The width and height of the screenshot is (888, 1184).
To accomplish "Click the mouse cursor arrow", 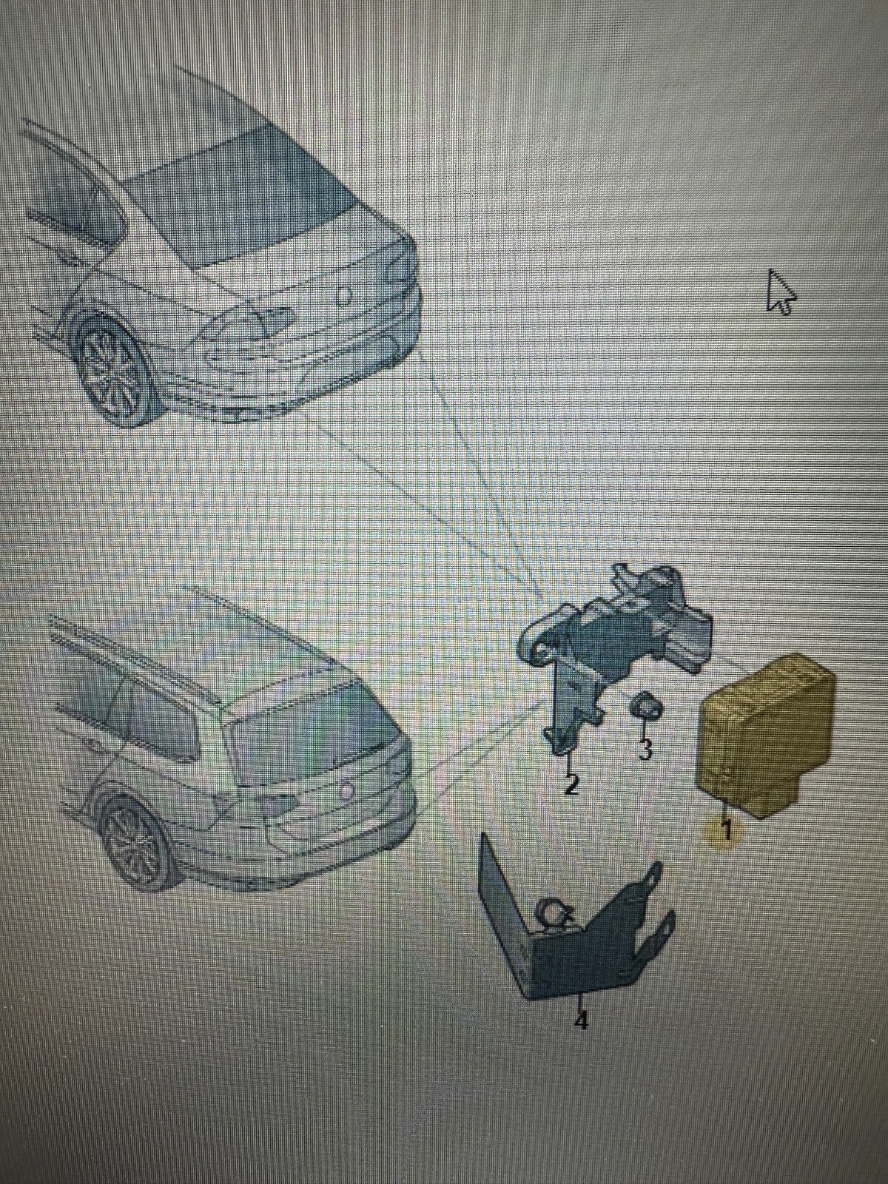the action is point(780,292).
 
